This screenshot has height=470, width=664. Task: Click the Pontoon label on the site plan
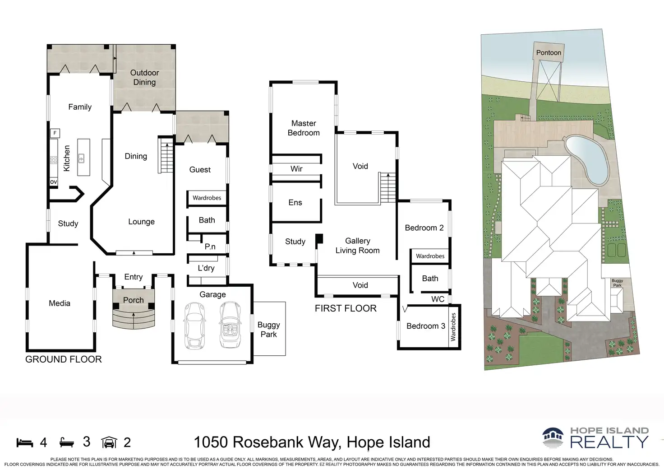click(x=549, y=53)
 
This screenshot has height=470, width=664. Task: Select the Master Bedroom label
click(x=304, y=128)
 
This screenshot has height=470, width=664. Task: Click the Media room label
click(x=60, y=303)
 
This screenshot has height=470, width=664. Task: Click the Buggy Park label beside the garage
click(x=269, y=330)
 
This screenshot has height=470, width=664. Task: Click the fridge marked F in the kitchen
click(x=55, y=133)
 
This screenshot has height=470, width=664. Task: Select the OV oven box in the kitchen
click(x=54, y=182)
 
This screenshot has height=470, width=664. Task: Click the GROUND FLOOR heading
click(x=64, y=359)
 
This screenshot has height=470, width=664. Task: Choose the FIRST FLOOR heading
click(x=346, y=308)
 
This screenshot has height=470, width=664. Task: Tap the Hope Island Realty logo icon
click(x=554, y=438)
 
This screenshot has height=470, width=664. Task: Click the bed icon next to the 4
click(x=25, y=442)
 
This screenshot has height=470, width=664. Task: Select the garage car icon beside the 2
click(x=109, y=442)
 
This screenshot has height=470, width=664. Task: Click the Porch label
click(x=134, y=300)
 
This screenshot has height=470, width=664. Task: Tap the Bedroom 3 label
click(x=425, y=326)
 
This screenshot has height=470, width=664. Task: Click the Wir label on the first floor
click(x=296, y=169)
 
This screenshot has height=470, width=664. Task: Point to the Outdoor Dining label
click(x=144, y=78)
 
